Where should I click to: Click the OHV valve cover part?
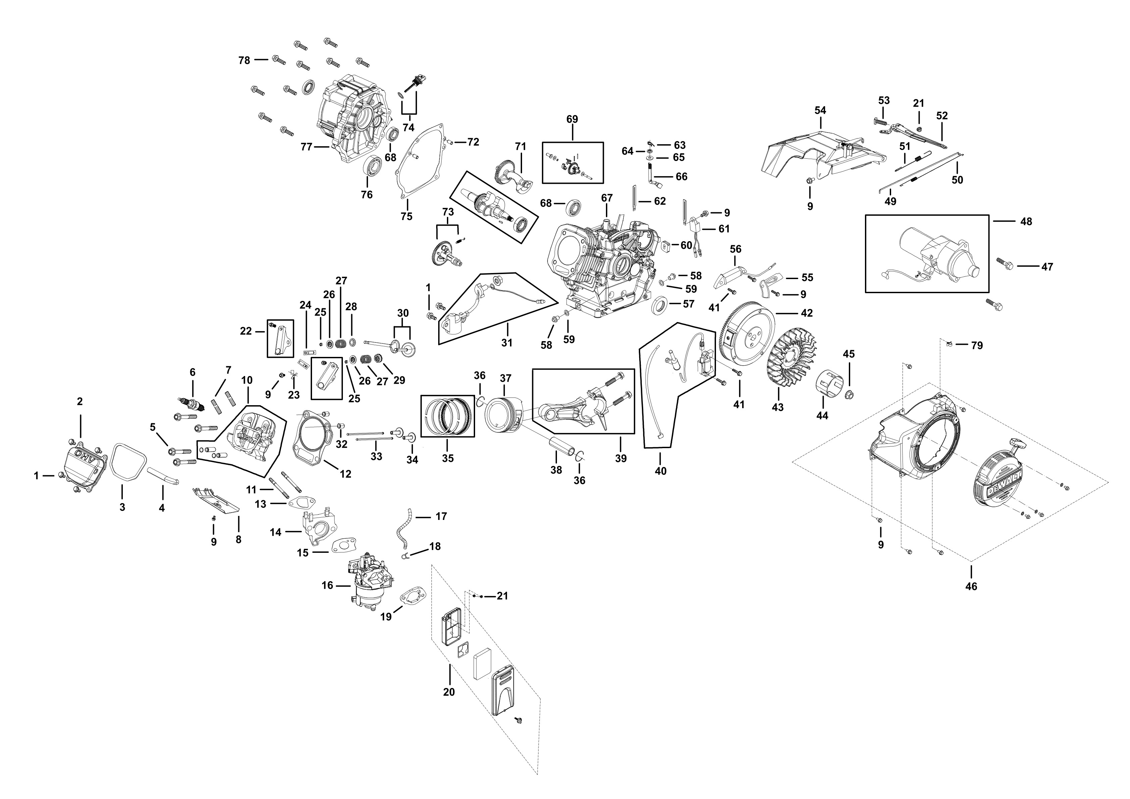pos(86,465)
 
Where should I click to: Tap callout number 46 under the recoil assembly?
pos(971,586)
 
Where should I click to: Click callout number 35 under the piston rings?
pos(447,459)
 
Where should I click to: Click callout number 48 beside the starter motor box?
pos(1026,221)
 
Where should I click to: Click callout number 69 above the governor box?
pos(572,119)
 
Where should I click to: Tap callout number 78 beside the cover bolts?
pos(244,60)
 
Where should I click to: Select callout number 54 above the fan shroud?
pos(820,110)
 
